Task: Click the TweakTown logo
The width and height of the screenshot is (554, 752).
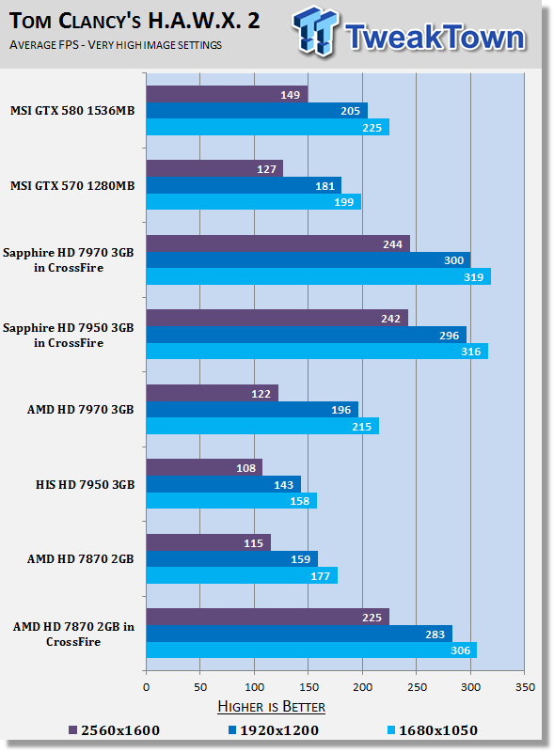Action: pyautogui.click(x=409, y=32)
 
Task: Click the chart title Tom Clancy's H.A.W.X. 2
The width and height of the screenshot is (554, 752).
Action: pyautogui.click(x=135, y=21)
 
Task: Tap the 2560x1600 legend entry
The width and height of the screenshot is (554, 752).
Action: pyautogui.click(x=114, y=730)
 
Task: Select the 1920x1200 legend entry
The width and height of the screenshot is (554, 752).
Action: pyautogui.click(x=273, y=730)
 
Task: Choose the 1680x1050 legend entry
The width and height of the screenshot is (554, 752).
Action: pyautogui.click(x=433, y=730)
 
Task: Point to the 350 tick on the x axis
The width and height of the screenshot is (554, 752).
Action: pyautogui.click(x=525, y=687)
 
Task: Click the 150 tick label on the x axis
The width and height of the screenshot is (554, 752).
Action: pyautogui.click(x=309, y=687)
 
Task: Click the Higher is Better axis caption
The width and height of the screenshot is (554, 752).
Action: pyautogui.click(x=271, y=707)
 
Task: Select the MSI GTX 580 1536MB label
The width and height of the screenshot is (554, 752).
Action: pyautogui.click(x=72, y=111)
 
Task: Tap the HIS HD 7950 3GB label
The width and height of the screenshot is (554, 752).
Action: pyautogui.click(x=85, y=485)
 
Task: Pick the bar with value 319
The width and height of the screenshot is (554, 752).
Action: pyautogui.click(x=319, y=276)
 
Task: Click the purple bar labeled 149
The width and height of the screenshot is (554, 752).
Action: pyautogui.click(x=227, y=95)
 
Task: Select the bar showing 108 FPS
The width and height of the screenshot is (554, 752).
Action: pyautogui.click(x=204, y=467)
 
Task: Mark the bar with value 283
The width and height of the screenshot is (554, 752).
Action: pyautogui.click(x=299, y=634)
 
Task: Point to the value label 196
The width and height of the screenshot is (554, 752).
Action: pyautogui.click(x=341, y=410)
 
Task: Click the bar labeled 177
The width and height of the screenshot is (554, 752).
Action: pyautogui.click(x=242, y=575)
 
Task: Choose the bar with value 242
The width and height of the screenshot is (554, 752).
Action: pyautogui.click(x=277, y=319)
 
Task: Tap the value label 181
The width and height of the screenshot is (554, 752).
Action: pyautogui.click(x=325, y=186)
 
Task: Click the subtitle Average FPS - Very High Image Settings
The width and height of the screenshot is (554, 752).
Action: pyautogui.click(x=116, y=45)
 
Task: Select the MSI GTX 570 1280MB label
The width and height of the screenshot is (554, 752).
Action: pyautogui.click(x=72, y=185)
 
